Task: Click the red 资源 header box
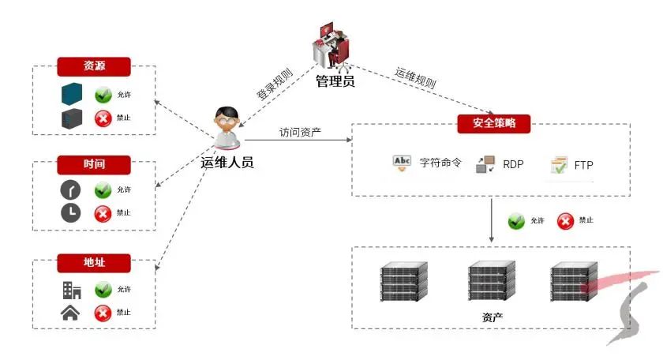point(94,66)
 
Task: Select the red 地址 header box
point(94,262)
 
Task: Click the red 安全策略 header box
point(494,123)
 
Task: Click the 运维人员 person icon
point(227,127)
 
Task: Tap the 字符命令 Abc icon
point(402,164)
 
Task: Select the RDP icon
point(485,165)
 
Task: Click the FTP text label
point(583,166)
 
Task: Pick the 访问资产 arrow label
point(300,132)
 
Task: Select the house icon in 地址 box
point(70,313)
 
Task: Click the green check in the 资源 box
point(103,96)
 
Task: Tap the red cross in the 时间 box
point(103,213)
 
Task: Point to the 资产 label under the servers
point(492,317)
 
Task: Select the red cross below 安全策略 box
point(565,221)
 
